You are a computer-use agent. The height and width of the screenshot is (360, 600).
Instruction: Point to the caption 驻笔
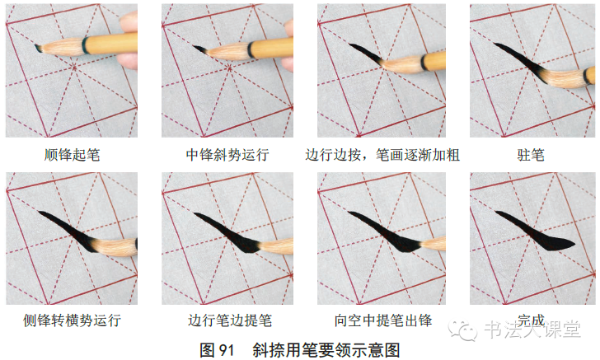coord(532,154)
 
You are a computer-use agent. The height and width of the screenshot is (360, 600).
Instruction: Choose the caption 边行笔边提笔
coord(227,320)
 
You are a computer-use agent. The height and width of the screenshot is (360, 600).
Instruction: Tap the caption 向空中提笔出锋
coord(382,320)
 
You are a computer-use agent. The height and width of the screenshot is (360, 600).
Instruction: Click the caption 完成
coord(532,320)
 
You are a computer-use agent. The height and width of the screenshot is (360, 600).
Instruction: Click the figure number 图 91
coord(218,349)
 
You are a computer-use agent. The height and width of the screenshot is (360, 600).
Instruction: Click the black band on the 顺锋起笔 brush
coord(87,44)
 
